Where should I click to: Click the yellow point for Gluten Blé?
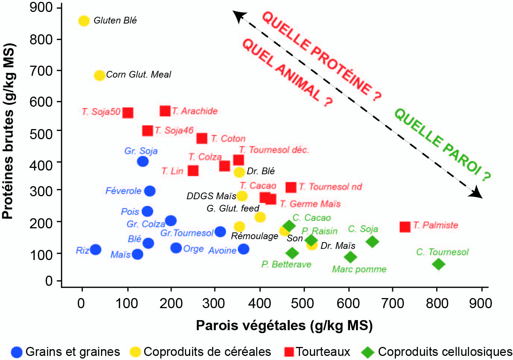pyautogui.click(x=84, y=21)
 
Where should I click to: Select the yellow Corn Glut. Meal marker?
pyautogui.click(x=100, y=75)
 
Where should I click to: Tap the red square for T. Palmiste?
pyautogui.click(x=405, y=227)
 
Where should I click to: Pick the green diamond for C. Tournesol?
pyautogui.click(x=438, y=264)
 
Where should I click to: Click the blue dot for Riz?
pyautogui.click(x=95, y=249)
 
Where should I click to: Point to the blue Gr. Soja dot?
pyautogui.click(x=143, y=161)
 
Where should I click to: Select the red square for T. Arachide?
pyautogui.click(x=165, y=111)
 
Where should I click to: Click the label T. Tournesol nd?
pyautogui.click(x=330, y=187)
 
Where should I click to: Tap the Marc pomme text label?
pyautogui.click(x=359, y=269)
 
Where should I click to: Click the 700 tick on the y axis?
pyautogui.click(x=59, y=71)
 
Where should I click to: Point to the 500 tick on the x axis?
pyautogui.click(x=304, y=289)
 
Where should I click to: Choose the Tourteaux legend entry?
pyautogui.click(x=317, y=352)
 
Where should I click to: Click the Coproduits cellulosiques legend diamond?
pyautogui.click(x=368, y=352)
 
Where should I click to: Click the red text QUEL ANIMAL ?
pyautogui.click(x=287, y=73)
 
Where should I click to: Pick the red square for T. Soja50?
pyautogui.click(x=128, y=113)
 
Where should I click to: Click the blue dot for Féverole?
pyautogui.click(x=150, y=191)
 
